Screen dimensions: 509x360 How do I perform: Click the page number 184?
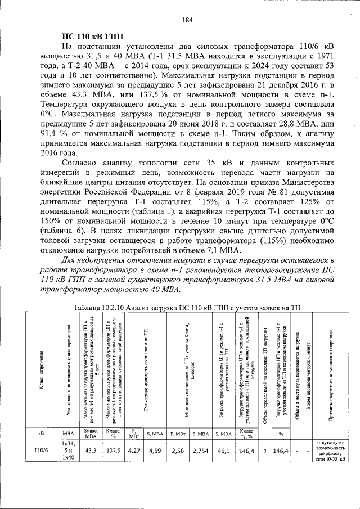188,20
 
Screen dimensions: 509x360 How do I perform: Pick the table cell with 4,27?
134,451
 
